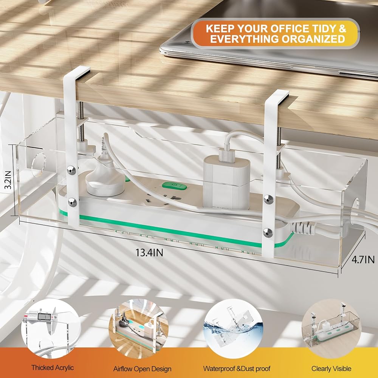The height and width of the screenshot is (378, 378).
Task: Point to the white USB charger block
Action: pyautogui.click(x=226, y=181)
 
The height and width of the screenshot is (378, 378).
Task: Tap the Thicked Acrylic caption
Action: pyautogui.click(x=53, y=367)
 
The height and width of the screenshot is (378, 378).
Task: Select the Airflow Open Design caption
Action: pyautogui.click(x=142, y=369)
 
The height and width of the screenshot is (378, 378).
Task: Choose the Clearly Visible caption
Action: pyautogui.click(x=331, y=368)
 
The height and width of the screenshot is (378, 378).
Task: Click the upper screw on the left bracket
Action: pyautogui.click(x=71, y=170)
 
